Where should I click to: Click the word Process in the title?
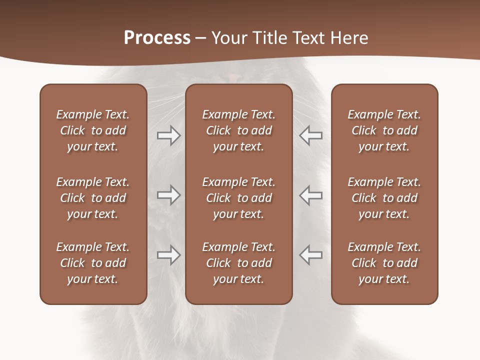point(157,38)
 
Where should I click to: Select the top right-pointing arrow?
point(168,135)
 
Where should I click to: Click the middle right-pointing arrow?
point(168,195)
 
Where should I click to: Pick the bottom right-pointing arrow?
point(168,255)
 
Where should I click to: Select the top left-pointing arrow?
point(311,135)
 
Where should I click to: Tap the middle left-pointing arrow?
point(311,195)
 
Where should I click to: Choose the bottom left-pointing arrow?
point(311,255)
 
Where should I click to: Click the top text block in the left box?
point(93,130)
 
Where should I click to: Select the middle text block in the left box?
point(93,198)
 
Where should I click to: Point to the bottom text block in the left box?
point(93,263)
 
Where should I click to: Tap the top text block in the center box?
point(238,130)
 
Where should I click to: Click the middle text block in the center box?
point(238,198)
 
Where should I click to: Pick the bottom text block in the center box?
point(238,263)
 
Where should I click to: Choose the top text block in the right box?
point(384,130)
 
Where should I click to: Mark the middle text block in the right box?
point(384,198)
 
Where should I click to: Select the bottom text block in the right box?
point(384,263)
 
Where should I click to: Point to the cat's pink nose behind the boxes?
point(233,77)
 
